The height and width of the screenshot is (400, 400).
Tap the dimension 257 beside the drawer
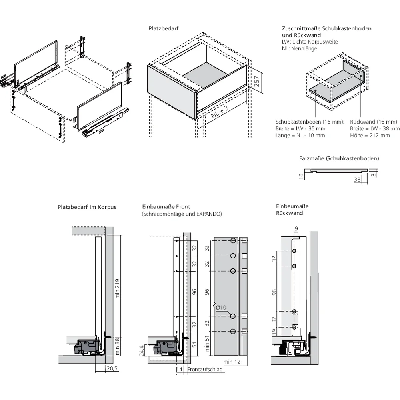point(256,82)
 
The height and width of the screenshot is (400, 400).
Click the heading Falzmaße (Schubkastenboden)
point(339,158)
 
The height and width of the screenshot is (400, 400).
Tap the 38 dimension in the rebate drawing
point(358,180)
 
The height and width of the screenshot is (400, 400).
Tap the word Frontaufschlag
point(204,370)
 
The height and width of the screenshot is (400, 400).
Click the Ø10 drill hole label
point(221,308)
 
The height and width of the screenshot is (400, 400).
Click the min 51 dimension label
point(207,343)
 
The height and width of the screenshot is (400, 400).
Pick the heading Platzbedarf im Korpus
point(87,207)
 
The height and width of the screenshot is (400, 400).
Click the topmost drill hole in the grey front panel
point(233,241)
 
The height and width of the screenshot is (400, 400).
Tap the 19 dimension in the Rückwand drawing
point(274,332)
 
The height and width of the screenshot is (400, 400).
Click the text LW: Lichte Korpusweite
point(310,42)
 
